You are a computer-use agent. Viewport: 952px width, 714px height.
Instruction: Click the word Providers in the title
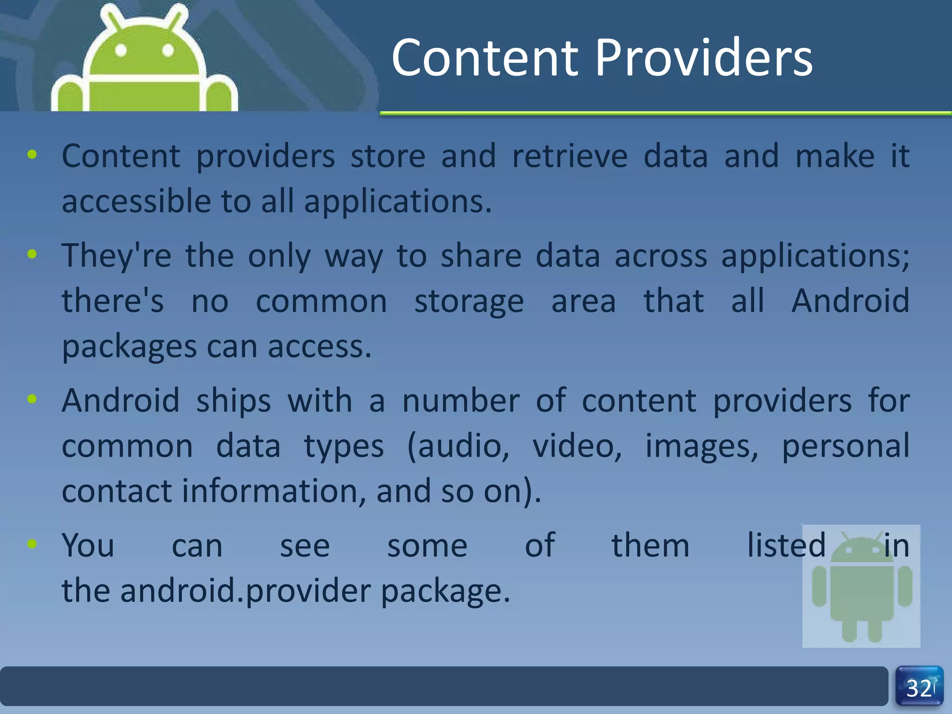click(x=704, y=58)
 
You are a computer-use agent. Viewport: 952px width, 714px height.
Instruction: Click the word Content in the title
click(x=485, y=58)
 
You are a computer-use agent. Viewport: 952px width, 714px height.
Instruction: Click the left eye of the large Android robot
click(x=121, y=50)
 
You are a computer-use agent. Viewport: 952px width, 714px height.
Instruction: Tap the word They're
click(x=116, y=256)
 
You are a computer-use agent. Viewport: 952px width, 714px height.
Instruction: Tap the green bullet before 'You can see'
click(x=32, y=543)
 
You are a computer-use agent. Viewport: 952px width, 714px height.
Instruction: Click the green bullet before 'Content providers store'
click(x=32, y=154)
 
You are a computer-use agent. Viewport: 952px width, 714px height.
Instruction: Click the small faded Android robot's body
click(x=862, y=590)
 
